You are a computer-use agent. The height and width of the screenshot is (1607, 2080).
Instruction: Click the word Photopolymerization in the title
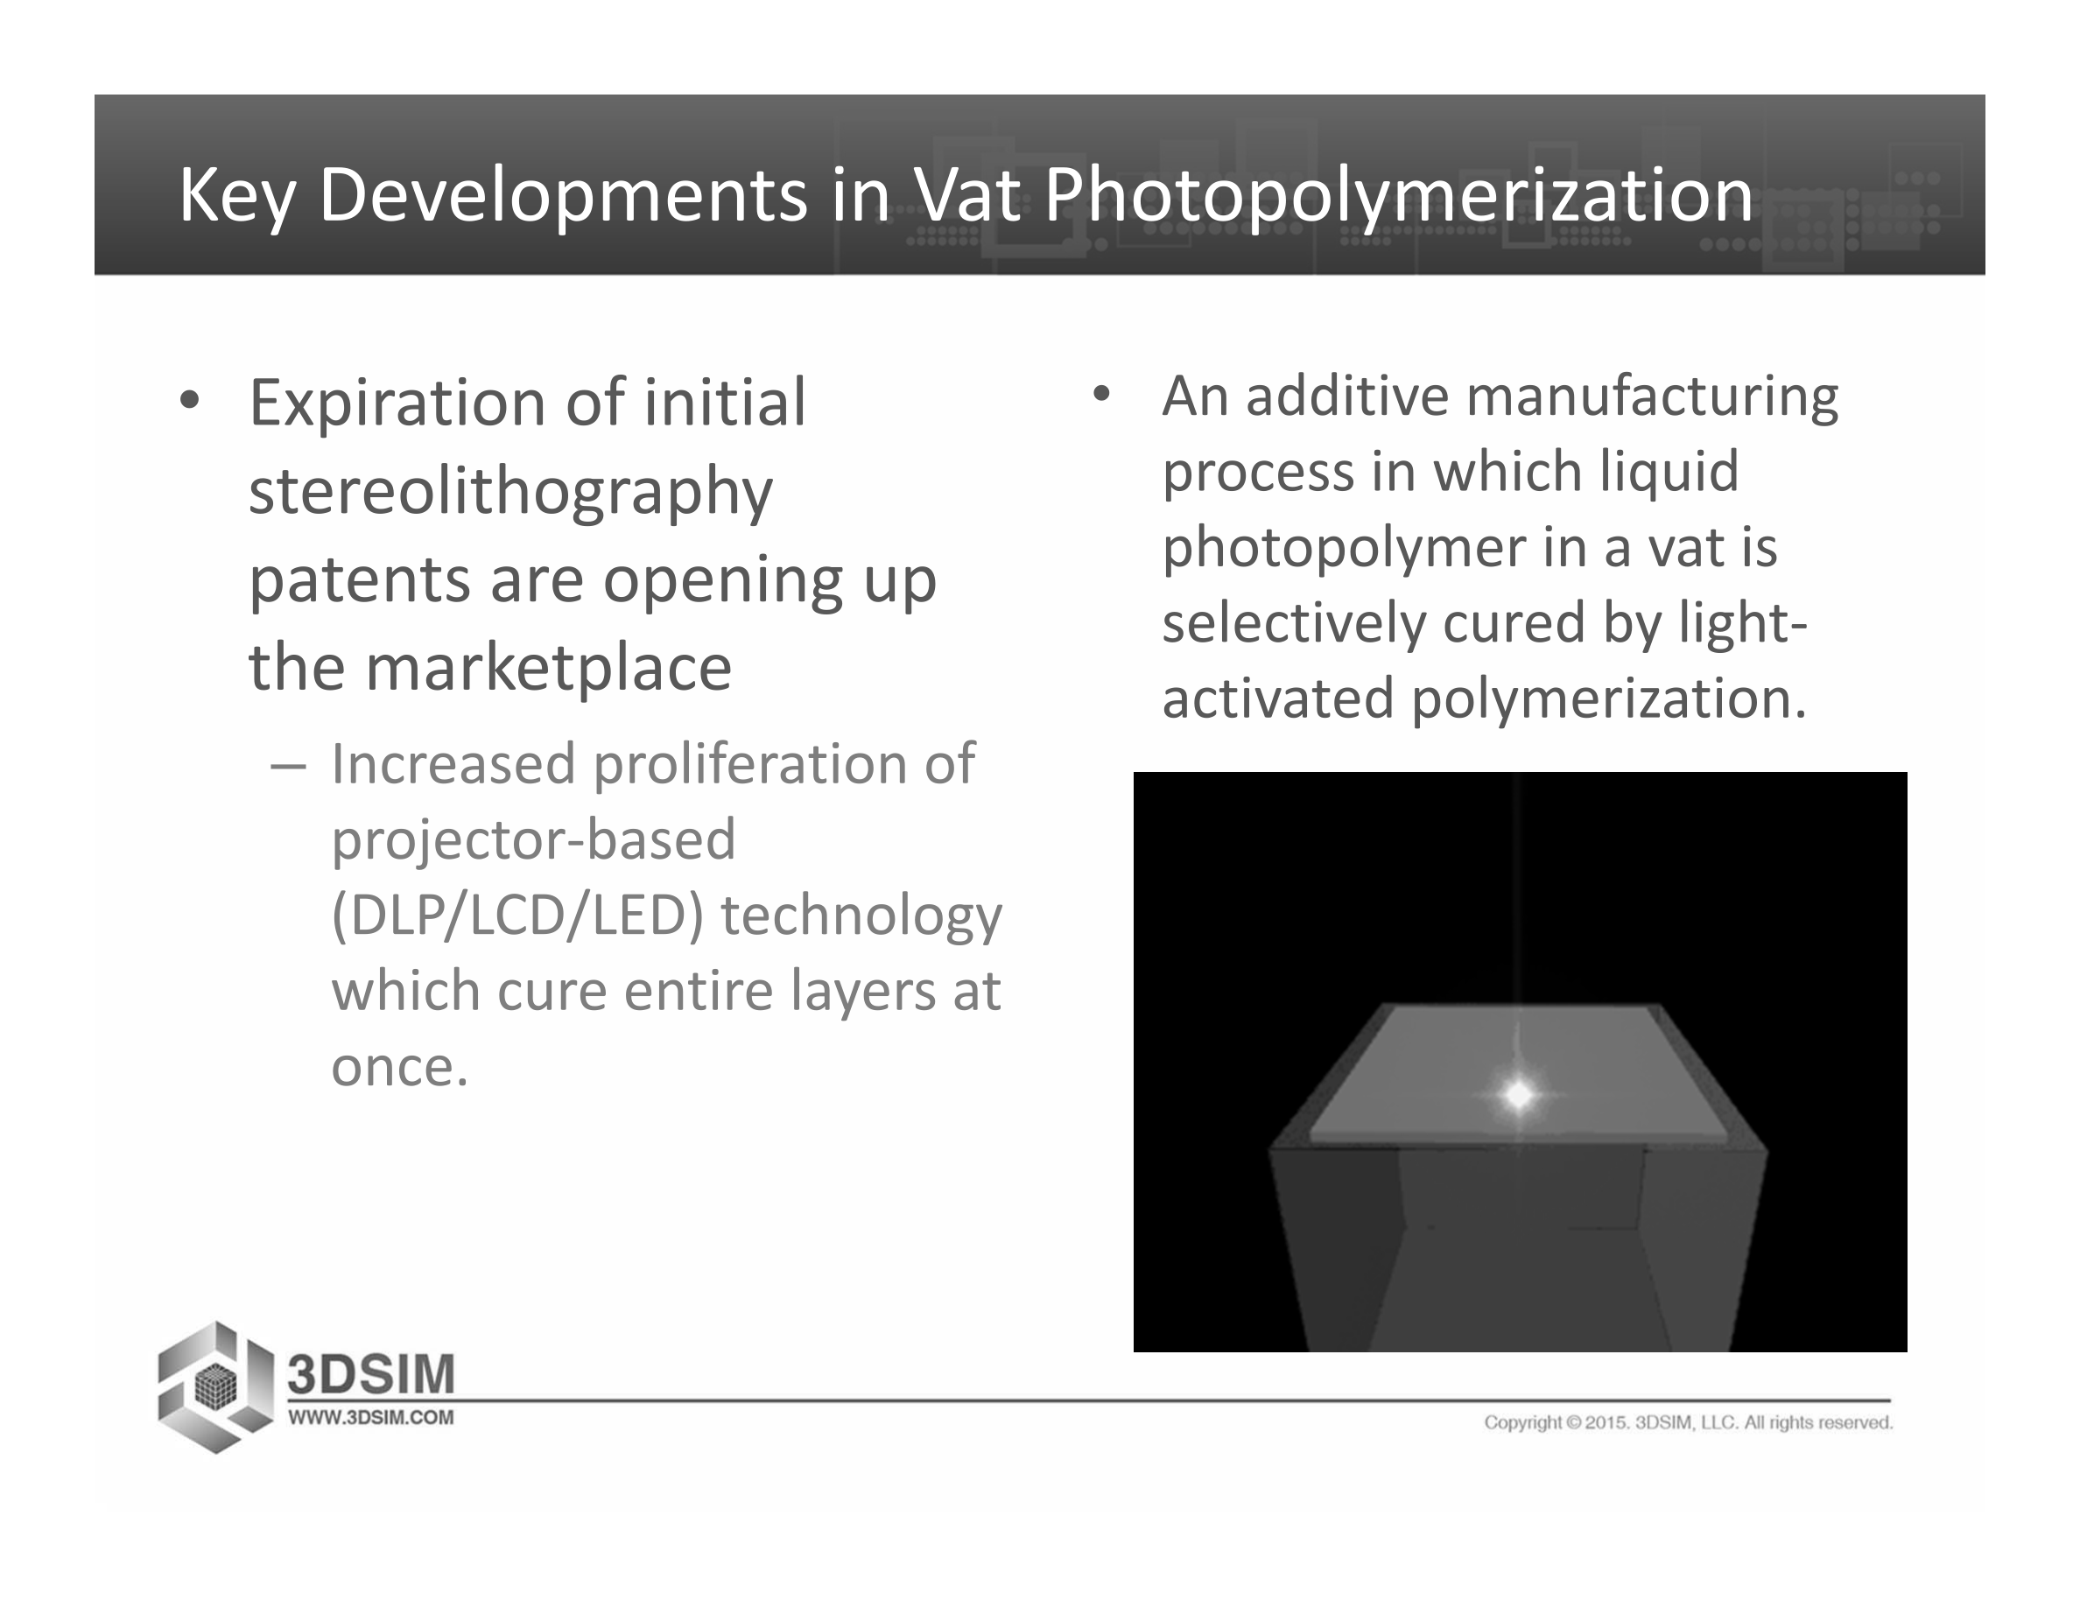click(1398, 198)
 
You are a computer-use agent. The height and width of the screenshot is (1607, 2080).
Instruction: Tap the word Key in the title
click(237, 198)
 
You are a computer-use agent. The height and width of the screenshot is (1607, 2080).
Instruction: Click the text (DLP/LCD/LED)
click(518, 916)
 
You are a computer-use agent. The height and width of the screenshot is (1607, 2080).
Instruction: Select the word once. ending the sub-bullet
click(399, 1067)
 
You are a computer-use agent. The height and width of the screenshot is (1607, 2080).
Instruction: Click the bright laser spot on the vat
click(1518, 1095)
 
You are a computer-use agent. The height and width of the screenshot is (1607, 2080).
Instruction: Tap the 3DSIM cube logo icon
click(215, 1387)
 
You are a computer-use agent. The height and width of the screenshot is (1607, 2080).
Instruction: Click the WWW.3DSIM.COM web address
click(370, 1418)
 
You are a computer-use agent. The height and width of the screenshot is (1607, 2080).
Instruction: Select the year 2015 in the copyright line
click(1606, 1422)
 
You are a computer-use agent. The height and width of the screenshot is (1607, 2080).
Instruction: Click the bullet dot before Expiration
click(189, 402)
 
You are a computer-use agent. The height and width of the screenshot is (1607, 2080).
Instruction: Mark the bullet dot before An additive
click(1102, 394)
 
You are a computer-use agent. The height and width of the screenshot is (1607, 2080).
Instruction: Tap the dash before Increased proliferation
click(289, 768)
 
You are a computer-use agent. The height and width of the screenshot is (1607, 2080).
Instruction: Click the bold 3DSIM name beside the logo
click(371, 1376)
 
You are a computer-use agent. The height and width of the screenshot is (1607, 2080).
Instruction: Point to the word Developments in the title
click(563, 198)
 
